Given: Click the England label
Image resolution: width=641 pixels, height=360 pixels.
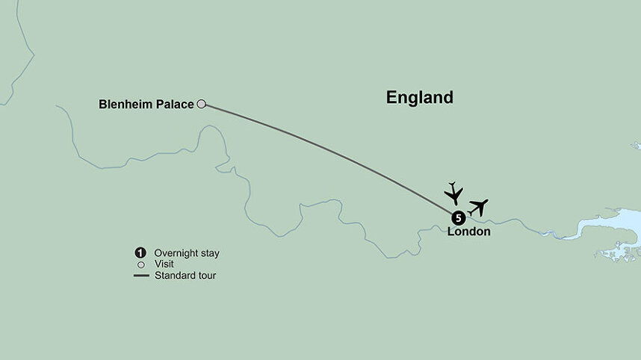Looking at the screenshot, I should (419, 97).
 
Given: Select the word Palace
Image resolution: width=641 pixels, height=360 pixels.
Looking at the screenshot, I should (174, 105).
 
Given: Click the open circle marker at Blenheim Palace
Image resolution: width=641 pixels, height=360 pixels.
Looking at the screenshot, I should (201, 105).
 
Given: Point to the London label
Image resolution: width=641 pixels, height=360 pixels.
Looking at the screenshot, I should (468, 232).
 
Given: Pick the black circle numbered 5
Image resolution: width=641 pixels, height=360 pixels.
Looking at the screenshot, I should (458, 218).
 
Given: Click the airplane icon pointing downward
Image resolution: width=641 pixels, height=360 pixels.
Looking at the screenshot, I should (453, 193).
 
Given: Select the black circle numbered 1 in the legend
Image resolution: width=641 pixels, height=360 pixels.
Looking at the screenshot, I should (140, 252).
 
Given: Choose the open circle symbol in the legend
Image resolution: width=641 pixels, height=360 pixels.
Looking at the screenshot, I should (140, 264).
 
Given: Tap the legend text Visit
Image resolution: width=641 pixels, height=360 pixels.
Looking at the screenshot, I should (165, 264).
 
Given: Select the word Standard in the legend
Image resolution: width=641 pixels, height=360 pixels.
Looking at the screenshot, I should (175, 276).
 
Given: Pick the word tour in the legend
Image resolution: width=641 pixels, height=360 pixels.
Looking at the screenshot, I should (207, 276).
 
